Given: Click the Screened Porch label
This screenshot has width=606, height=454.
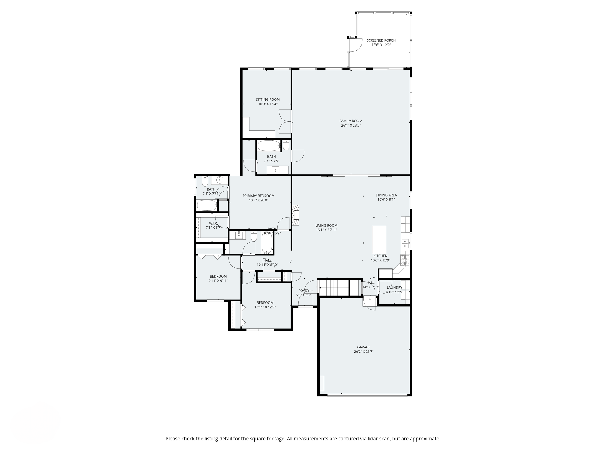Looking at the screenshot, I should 381,40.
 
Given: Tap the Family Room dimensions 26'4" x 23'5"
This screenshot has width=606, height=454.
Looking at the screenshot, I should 351,125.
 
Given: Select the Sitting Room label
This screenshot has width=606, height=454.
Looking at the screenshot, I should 267,100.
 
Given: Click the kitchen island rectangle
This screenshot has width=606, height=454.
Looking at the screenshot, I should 379,239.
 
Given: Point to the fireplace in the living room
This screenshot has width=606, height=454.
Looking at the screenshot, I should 295,215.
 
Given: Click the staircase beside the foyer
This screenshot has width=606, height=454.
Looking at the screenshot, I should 334,287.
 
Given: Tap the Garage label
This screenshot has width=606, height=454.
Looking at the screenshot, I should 364,347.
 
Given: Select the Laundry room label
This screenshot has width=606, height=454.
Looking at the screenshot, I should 394,288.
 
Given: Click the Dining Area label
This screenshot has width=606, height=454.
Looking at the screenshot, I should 386,195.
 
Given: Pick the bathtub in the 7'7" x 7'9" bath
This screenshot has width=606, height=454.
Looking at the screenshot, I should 269,146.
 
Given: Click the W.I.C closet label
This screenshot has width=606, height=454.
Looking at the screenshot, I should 213,223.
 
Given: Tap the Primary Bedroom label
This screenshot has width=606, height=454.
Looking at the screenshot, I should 258,196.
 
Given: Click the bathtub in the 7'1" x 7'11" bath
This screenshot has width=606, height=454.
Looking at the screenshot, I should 207,205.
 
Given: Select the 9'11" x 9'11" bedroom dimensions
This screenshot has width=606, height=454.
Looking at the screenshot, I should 218,281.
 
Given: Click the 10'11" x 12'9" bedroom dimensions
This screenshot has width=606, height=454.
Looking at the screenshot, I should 265,307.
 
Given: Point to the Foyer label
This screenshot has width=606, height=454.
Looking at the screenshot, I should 303,291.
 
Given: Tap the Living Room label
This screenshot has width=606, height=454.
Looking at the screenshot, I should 326,226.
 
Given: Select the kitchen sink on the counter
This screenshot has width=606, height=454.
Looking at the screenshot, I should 405,244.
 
